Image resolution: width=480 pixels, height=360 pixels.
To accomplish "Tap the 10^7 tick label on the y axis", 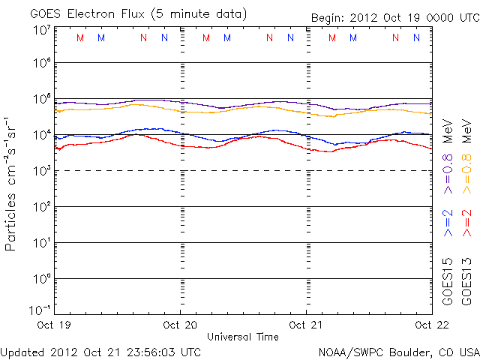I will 41,29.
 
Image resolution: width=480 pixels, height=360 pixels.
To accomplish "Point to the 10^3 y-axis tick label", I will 41,170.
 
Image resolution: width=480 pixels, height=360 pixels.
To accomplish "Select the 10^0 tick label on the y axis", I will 41,278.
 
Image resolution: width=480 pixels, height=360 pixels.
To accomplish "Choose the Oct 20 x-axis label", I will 181,325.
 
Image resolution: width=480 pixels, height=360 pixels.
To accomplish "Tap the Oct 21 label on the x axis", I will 307,325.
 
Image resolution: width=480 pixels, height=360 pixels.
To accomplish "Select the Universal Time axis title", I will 242,337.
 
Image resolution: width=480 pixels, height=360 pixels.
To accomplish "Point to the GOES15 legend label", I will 448,281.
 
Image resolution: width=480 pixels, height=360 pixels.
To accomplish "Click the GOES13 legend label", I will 466,281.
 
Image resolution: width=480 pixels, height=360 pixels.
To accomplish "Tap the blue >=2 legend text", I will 448,223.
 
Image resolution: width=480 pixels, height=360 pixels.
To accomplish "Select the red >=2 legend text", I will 466,223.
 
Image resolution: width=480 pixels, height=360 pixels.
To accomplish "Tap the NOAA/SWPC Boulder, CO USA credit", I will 398,351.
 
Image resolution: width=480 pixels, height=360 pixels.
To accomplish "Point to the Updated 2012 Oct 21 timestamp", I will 100,351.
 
